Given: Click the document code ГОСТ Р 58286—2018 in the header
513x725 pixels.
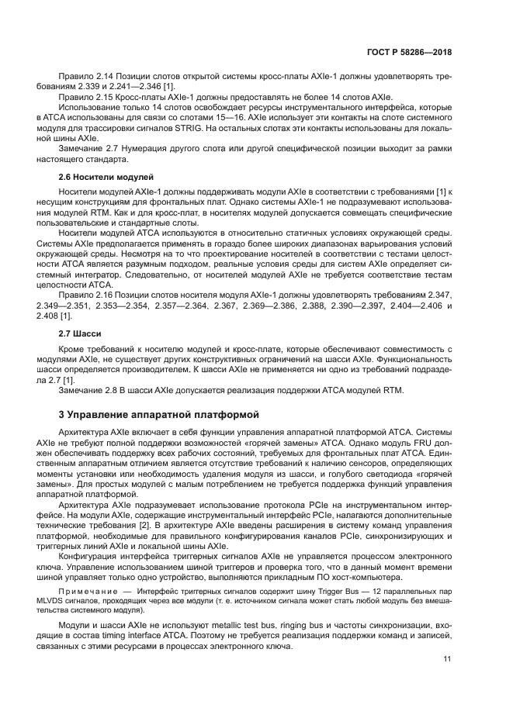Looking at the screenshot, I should [409, 53].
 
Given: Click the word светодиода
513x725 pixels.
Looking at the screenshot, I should [358, 472].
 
